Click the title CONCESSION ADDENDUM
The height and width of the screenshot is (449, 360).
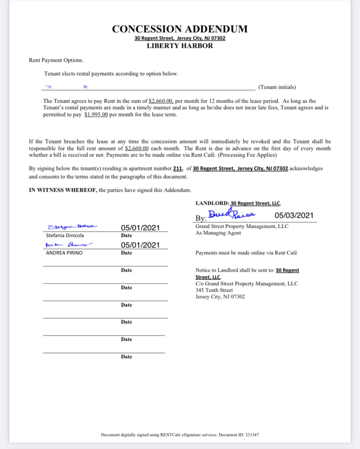(x=180, y=29)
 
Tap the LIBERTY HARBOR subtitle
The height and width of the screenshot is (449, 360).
(x=180, y=46)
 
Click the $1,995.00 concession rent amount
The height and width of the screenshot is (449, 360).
(x=96, y=115)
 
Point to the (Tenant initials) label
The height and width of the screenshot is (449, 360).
(x=277, y=87)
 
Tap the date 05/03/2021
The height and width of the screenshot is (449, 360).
(x=294, y=215)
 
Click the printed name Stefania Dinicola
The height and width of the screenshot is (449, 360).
(x=65, y=236)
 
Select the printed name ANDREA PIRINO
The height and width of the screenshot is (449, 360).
(x=64, y=253)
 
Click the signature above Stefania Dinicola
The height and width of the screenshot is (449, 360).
(x=72, y=226)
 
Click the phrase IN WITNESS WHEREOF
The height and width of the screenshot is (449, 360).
(x=63, y=190)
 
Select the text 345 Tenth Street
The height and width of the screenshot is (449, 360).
(x=214, y=290)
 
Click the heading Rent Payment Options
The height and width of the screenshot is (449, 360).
(x=56, y=60)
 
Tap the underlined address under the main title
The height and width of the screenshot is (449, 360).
(x=180, y=38)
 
